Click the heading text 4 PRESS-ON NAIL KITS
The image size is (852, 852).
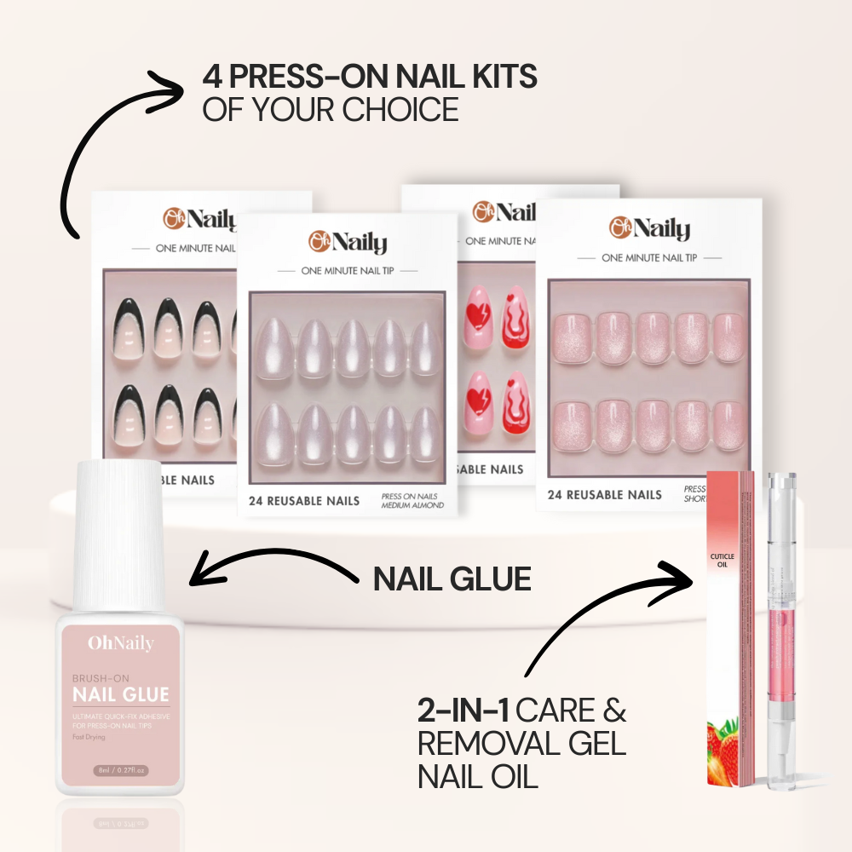click(370, 77)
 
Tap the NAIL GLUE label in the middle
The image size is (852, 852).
click(452, 579)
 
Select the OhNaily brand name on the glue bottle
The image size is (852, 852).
click(120, 644)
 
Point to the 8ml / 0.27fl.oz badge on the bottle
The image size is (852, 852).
click(120, 770)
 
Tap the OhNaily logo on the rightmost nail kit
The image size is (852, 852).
click(649, 227)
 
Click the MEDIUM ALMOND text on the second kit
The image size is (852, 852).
click(412, 505)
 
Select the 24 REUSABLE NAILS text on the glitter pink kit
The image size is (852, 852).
click(604, 494)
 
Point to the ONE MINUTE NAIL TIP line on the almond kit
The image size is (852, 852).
click(348, 270)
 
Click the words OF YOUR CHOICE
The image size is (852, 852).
click(331, 109)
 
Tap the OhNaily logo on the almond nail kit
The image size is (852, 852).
click(348, 242)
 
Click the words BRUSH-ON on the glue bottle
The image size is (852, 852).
click(101, 678)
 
